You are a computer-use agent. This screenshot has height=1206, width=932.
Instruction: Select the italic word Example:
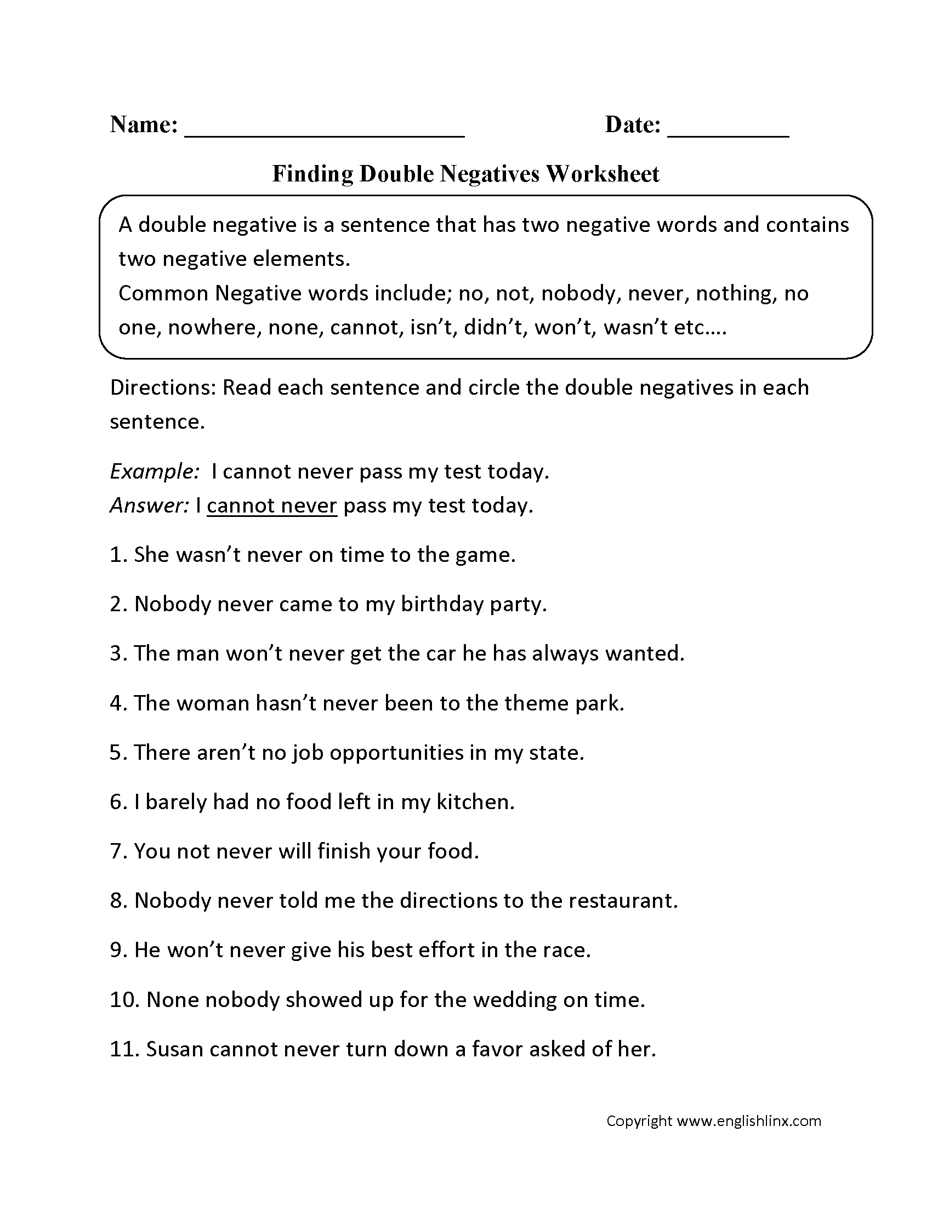[x=155, y=471]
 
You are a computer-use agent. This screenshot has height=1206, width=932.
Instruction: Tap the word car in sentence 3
[x=440, y=654]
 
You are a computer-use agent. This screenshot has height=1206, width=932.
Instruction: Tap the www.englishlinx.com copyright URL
[x=749, y=1120]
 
